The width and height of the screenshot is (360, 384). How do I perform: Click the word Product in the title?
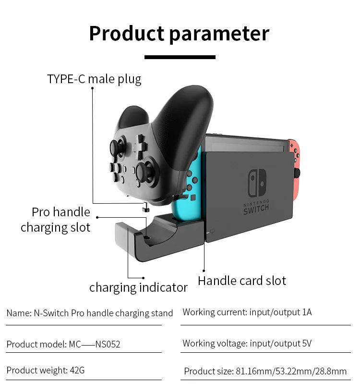[x=126, y=34]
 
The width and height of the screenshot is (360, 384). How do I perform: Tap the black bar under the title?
[x=180, y=57]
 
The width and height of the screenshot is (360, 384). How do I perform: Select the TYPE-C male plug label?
[x=94, y=79]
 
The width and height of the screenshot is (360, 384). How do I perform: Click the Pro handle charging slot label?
[x=56, y=220]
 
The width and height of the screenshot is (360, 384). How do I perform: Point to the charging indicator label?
[x=138, y=287]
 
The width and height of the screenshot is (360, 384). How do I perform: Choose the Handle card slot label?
[x=242, y=281]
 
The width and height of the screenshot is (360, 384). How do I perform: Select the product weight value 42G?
[x=77, y=371]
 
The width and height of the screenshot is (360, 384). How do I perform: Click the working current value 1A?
[x=307, y=312]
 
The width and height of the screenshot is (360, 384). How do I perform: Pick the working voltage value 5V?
[x=306, y=343]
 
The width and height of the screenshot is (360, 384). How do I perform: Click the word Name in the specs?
[x=18, y=313]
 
